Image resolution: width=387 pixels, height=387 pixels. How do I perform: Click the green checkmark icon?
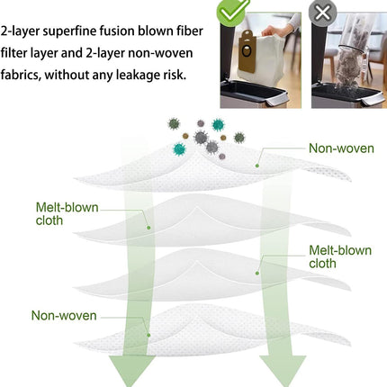232,12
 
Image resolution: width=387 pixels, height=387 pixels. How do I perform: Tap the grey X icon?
322,13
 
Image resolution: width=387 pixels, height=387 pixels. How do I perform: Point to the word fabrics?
20,75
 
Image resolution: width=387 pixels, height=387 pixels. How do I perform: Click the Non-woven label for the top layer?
341,148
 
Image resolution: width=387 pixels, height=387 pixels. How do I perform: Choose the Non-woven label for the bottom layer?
64,316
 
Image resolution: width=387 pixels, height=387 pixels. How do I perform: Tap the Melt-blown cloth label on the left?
67,214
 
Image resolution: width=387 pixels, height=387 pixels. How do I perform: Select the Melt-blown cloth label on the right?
340,256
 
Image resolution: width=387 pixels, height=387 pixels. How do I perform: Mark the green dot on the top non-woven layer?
257,166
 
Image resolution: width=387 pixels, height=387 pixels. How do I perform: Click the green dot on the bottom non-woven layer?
148,335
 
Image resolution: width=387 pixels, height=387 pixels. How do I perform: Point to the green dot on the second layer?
148,228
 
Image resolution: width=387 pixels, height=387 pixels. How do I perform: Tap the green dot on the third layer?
257,273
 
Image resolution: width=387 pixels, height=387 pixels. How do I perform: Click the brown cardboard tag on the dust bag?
247,51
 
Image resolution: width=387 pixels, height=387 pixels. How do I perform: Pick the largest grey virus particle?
201,138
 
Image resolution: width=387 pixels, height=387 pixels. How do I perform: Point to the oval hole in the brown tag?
247,50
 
